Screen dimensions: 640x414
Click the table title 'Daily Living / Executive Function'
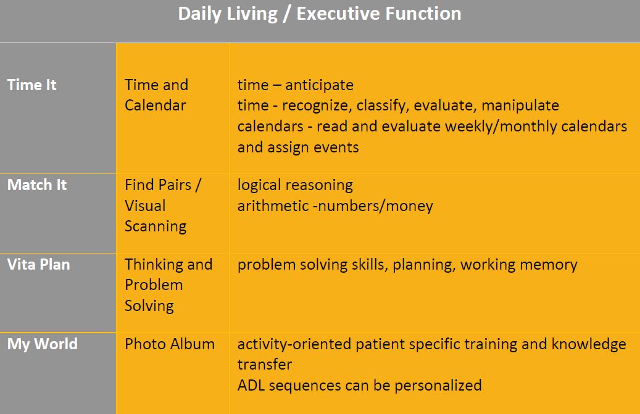coord(320,14)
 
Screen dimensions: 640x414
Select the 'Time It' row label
coord(31,85)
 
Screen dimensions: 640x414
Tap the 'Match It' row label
coord(37,184)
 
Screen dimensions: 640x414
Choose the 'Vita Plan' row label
coord(38,264)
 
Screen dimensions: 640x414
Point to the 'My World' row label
coord(43,344)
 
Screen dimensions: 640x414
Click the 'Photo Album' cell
coord(170,344)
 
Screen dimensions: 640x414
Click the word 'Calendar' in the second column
coord(155,106)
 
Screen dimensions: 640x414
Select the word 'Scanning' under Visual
coord(156,226)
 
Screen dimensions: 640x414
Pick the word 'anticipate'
coord(319,85)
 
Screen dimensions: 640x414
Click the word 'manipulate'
coord(520,106)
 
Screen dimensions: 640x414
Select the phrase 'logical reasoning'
coord(295,185)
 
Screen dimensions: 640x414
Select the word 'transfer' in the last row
coord(265,364)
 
